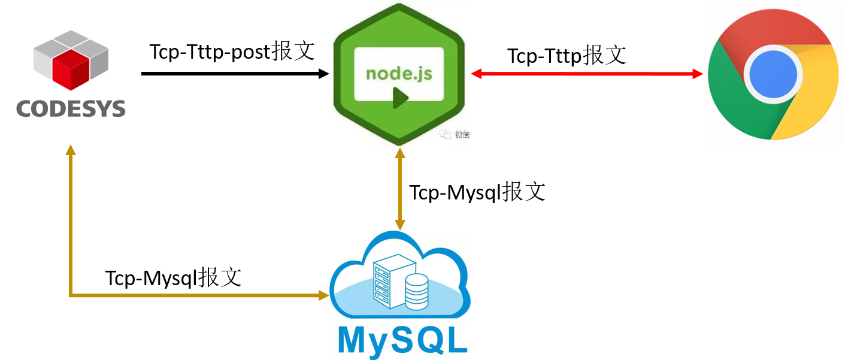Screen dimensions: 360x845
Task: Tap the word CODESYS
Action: [71, 108]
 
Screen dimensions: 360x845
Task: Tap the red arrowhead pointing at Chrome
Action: [697, 74]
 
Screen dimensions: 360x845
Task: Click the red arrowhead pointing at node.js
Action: [477, 74]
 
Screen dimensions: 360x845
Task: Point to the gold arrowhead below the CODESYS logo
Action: [71, 150]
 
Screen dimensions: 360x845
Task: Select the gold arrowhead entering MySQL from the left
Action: [324, 295]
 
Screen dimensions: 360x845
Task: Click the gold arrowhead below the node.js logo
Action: [399, 153]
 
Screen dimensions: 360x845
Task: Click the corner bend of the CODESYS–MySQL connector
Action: [71, 295]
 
